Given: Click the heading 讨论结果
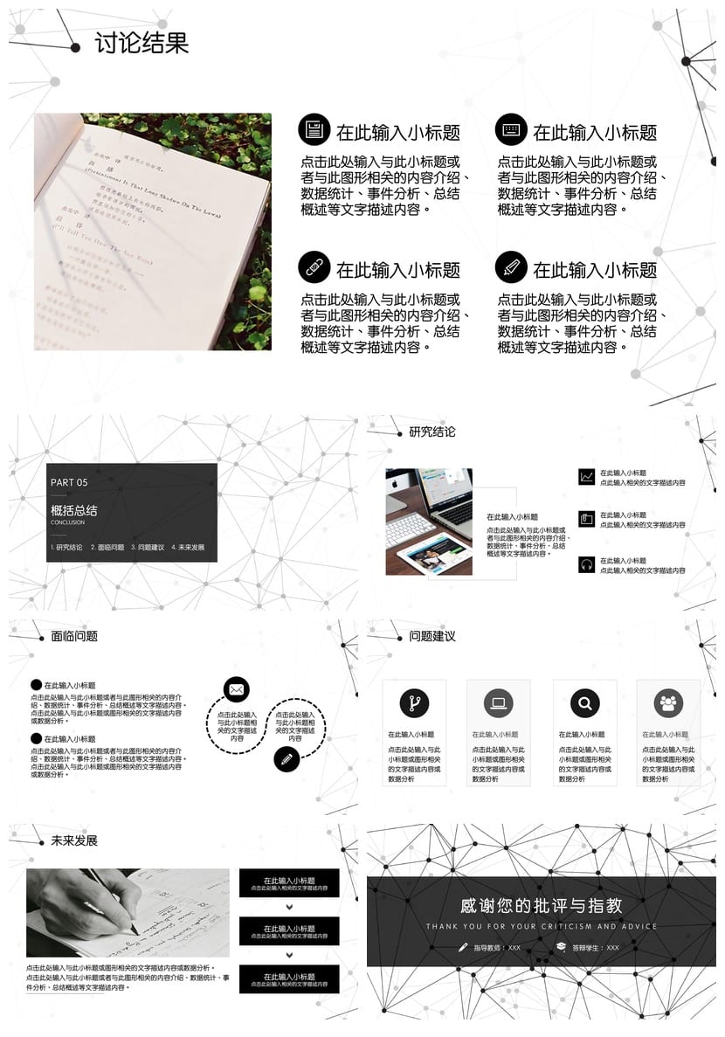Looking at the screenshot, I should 142,43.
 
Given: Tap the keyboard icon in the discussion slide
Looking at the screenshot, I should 511,129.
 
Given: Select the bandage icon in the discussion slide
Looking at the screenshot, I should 314,266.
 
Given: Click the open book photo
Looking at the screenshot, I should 153,232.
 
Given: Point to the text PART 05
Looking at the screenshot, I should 69,482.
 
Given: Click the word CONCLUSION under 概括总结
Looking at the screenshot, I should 68,522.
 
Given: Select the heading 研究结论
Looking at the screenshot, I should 432,432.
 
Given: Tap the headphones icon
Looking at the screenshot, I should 586,564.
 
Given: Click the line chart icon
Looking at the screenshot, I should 586,477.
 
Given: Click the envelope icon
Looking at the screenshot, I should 236,689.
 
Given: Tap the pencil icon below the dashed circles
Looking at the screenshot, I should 286,758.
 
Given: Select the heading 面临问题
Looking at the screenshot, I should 74,636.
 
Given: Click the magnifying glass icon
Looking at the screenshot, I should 584,702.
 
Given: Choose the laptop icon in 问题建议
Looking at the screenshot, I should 499,702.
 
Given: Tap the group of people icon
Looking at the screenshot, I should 668,702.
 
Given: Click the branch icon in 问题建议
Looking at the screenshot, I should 414,702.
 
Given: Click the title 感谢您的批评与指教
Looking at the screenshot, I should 542,906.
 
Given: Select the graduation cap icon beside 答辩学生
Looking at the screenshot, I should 561,947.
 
